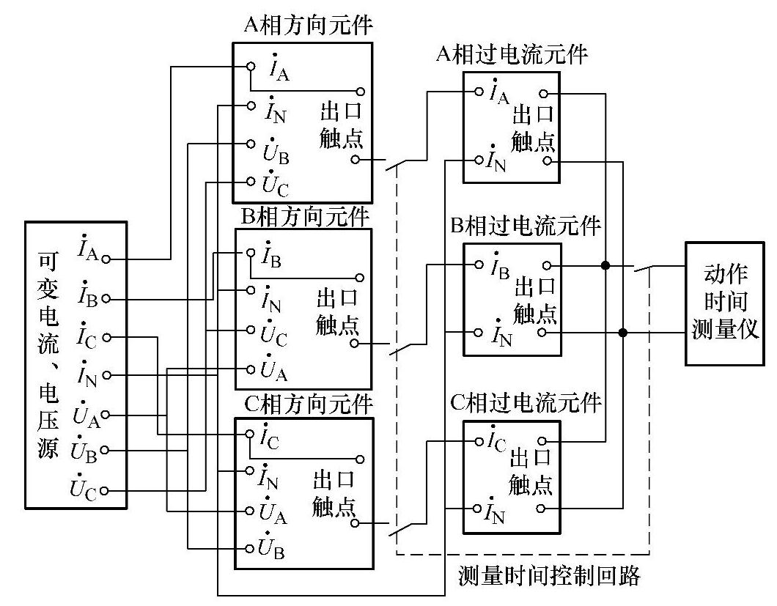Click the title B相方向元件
pos(305,217)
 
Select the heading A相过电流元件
pos(511,54)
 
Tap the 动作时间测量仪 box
pos(727,303)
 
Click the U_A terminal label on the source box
pos(85,415)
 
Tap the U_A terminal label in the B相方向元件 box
pos(275,371)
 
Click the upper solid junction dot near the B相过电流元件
pos(605,265)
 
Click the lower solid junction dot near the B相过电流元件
pos(623,333)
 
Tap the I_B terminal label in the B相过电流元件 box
pos(499,266)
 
